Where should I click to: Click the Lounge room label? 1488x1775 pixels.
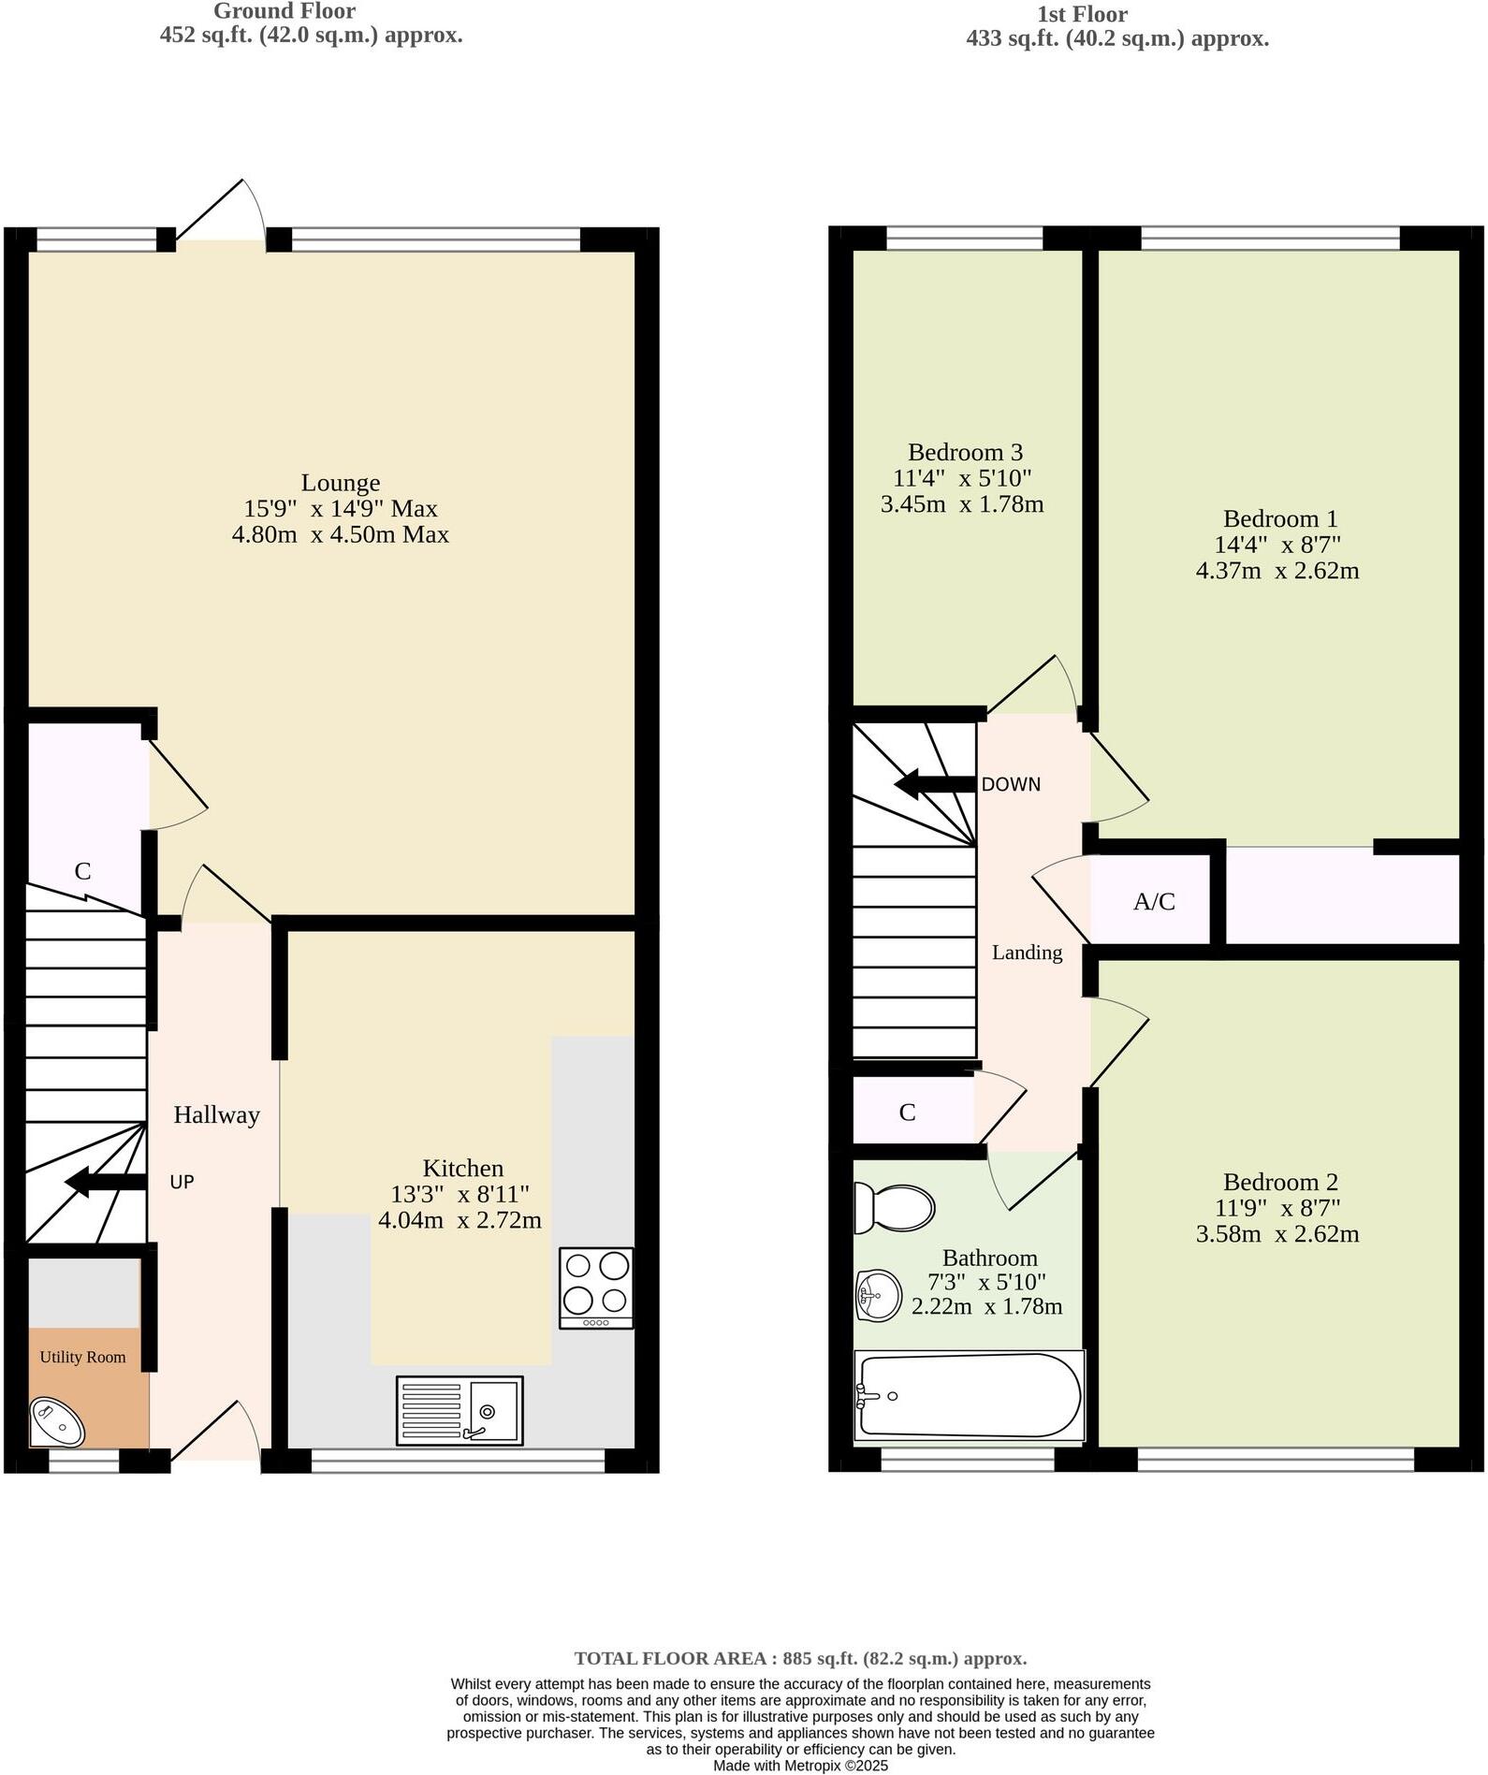click(x=341, y=483)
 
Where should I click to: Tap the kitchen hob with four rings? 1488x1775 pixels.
click(x=595, y=1287)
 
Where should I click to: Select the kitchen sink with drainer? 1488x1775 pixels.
click(x=459, y=1410)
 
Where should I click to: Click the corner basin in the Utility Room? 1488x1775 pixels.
click(x=56, y=1421)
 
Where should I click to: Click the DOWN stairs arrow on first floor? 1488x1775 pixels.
click(x=934, y=784)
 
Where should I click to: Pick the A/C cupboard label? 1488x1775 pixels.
click(x=1154, y=902)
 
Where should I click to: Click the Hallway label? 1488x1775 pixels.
click(x=216, y=1114)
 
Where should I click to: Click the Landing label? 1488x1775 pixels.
click(x=1027, y=953)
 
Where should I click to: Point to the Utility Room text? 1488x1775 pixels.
click(x=82, y=1357)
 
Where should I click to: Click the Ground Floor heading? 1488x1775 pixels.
click(x=284, y=12)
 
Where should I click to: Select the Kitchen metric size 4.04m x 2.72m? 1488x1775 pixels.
click(x=460, y=1220)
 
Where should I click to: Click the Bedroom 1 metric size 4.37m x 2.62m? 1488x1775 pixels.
click(x=1276, y=571)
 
